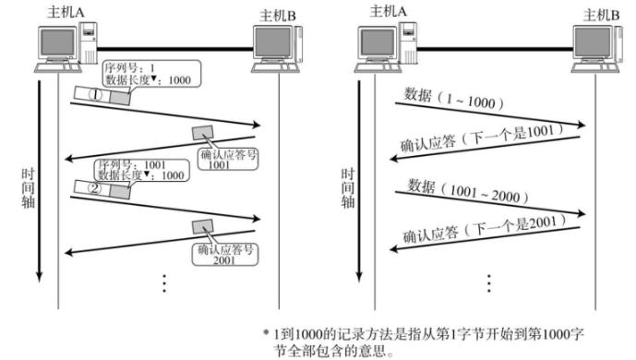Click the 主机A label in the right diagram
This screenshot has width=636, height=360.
pos(389,11)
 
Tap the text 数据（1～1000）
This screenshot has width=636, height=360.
pos(451,98)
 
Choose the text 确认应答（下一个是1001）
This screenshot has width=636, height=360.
pos(476,137)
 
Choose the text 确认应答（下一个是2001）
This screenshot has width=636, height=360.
pos(480,233)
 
